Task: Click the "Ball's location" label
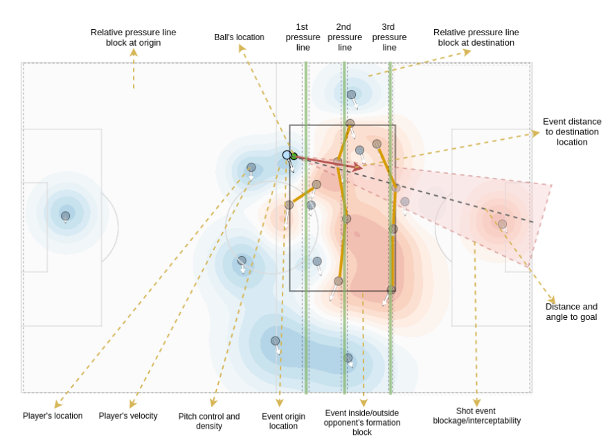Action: pos(239,37)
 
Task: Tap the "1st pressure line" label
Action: pos(303,37)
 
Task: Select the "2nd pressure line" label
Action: pos(345,37)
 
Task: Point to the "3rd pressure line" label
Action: pos(389,37)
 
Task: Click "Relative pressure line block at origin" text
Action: pos(133,37)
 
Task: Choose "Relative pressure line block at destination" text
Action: pos(476,37)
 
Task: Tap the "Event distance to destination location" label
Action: pos(572,132)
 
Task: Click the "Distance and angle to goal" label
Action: pos(571,312)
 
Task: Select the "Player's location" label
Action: pos(53,416)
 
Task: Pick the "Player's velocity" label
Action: pos(128,416)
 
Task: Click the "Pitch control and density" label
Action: pos(209,421)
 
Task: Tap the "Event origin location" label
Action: pos(283,421)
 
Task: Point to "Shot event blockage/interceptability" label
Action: pos(476,415)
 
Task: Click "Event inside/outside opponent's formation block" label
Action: pos(362,422)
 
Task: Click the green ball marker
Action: pos(294,156)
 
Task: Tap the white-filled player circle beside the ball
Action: pos(287,155)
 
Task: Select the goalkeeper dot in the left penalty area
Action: pos(65,216)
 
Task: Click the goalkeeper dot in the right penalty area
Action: pos(502,224)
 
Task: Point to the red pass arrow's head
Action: pos(359,167)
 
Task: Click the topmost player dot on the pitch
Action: pos(351,94)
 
